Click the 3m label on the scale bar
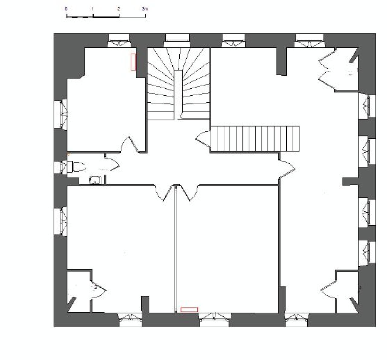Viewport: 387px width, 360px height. point(145,9)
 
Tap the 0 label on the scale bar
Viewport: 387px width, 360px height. point(66,9)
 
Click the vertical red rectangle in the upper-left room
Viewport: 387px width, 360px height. point(133,62)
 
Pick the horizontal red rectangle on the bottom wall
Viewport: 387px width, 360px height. point(189,309)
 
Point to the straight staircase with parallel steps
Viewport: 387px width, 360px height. point(255,139)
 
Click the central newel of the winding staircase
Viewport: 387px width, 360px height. point(178,94)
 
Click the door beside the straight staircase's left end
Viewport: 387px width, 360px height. point(203,139)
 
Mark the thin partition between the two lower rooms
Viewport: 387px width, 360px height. point(176,248)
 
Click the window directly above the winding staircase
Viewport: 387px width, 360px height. point(177,37)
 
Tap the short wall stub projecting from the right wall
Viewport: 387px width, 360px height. point(350,181)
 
